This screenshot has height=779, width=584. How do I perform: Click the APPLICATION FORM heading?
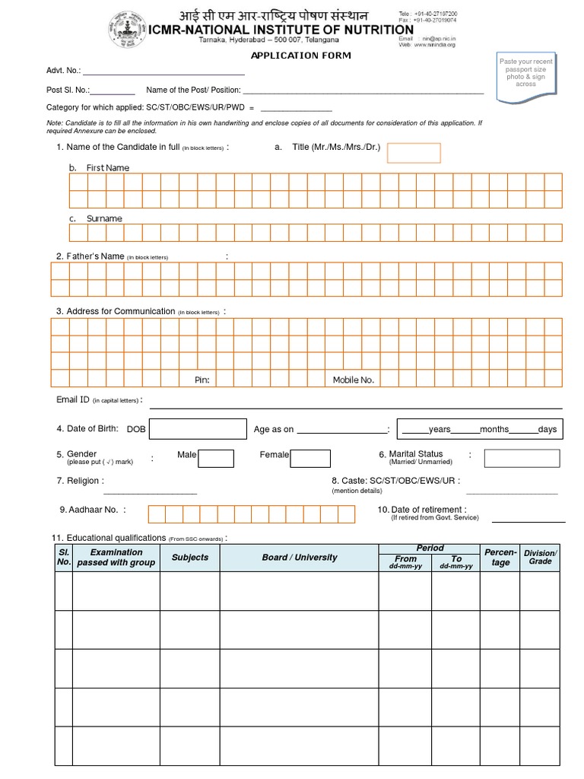pos(301,56)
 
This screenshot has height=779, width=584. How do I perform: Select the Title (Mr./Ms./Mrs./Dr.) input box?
pos(414,153)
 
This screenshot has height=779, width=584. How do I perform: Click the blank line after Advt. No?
pos(163,73)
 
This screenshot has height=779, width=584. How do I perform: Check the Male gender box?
pos(216,458)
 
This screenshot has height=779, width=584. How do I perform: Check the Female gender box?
pos(310,458)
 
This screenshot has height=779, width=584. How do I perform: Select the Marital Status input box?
pos(522,458)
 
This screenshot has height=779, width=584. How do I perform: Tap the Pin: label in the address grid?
pos(202,380)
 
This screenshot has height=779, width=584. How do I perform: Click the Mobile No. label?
pos(353,380)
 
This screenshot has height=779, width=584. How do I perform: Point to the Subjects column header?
pos(189,558)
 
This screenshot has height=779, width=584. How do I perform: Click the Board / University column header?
pos(299,558)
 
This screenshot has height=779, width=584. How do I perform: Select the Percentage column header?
pos(500,557)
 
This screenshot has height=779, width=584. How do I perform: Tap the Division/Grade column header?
pos(540,557)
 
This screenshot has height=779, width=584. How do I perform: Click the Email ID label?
pos(73,400)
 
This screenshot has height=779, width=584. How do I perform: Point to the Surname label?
pos(104,218)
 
